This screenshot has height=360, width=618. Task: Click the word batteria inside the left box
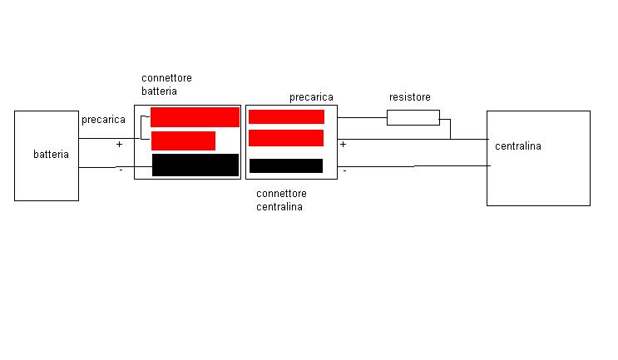(x=51, y=154)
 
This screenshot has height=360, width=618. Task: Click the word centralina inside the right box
(x=518, y=146)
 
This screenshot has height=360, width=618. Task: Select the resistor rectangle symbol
(x=413, y=118)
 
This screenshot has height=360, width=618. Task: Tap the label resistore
(x=410, y=97)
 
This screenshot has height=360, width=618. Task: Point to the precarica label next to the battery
(x=103, y=120)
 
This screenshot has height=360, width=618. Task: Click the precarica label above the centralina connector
(x=311, y=97)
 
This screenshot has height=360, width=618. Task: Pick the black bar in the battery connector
(x=195, y=165)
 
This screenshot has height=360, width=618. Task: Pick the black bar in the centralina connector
(x=286, y=165)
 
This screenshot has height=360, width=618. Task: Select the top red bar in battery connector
(x=195, y=117)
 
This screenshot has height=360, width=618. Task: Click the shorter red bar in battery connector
(x=183, y=141)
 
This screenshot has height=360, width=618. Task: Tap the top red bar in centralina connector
(x=286, y=117)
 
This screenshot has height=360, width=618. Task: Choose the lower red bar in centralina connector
(x=286, y=138)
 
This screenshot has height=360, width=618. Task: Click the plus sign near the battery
(x=119, y=145)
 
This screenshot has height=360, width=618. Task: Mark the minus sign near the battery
(x=121, y=170)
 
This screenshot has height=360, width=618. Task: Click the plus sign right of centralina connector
(x=343, y=145)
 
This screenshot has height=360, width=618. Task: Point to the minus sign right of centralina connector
(x=345, y=171)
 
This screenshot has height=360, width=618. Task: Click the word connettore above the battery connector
(x=166, y=78)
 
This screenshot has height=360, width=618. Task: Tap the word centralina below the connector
(x=279, y=207)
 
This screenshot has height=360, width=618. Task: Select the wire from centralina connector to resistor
(x=362, y=118)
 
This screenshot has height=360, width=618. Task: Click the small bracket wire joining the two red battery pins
(x=141, y=127)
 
